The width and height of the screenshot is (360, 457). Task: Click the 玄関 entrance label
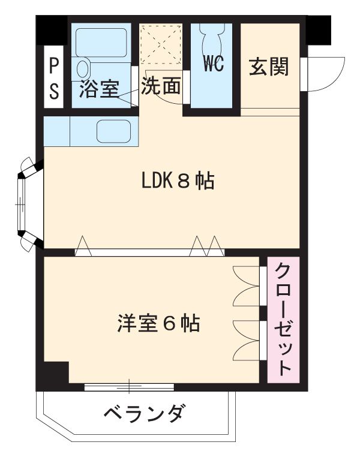269,67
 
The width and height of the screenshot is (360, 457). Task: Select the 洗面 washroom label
161,87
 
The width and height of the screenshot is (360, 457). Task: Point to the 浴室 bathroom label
98,90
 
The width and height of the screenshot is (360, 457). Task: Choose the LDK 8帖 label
178,181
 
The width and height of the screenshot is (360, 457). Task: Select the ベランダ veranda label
144,414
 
